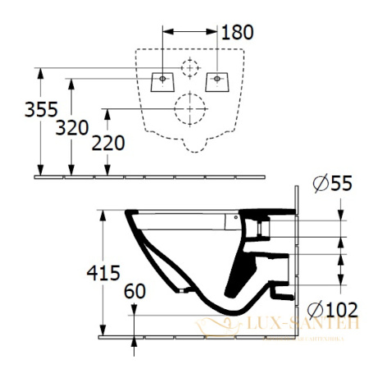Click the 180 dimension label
pyautogui.click(x=238, y=33)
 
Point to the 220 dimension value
pyautogui.click(x=109, y=143)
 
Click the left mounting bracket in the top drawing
pyautogui.click(x=162, y=80)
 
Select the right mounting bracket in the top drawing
pyautogui.click(x=217, y=80)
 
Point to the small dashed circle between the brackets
pyautogui.click(x=190, y=67)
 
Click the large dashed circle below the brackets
pyautogui.click(x=190, y=107)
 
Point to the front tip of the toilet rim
pyautogui.click(x=129, y=216)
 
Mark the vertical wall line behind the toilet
pyautogui.click(x=295, y=246)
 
